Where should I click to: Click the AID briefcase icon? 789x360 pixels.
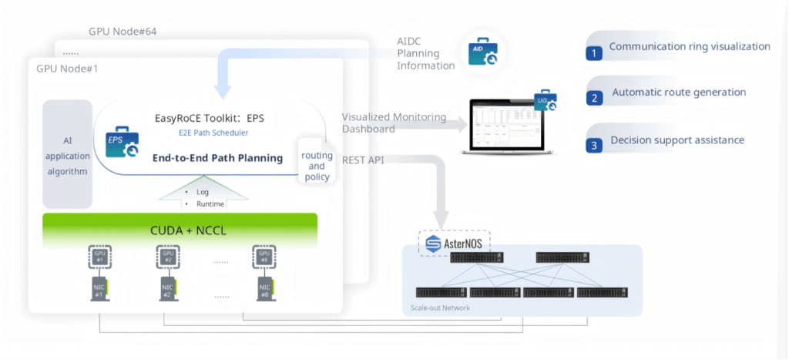[478, 52]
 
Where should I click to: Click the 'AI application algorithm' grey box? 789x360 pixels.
[67, 154]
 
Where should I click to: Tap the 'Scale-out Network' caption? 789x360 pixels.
[442, 308]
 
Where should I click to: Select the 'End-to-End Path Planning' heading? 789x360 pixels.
[217, 158]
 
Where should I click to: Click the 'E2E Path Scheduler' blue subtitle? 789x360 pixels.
[208, 133]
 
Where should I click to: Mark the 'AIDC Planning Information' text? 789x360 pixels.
[425, 54]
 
